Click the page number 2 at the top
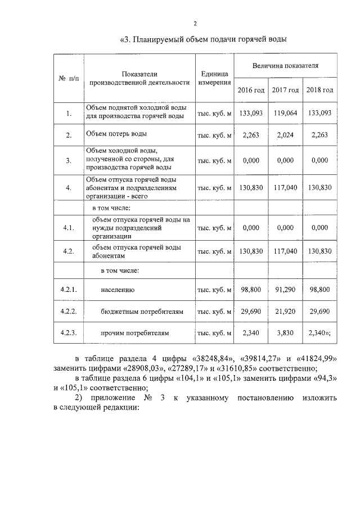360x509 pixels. [195, 23]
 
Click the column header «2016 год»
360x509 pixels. [250, 90]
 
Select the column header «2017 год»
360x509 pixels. [285, 90]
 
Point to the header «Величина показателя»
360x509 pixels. [285, 66]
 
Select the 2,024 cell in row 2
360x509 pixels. [285, 134]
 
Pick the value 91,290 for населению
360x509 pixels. [285, 289]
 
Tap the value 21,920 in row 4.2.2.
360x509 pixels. [285, 311]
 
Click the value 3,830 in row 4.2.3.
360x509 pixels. [285, 333]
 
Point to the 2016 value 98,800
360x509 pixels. [251, 289]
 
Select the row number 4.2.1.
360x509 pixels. [68, 289]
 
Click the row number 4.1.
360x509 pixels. [68, 228]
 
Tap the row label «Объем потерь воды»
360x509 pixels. [116, 134]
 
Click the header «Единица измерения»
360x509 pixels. [214, 78]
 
